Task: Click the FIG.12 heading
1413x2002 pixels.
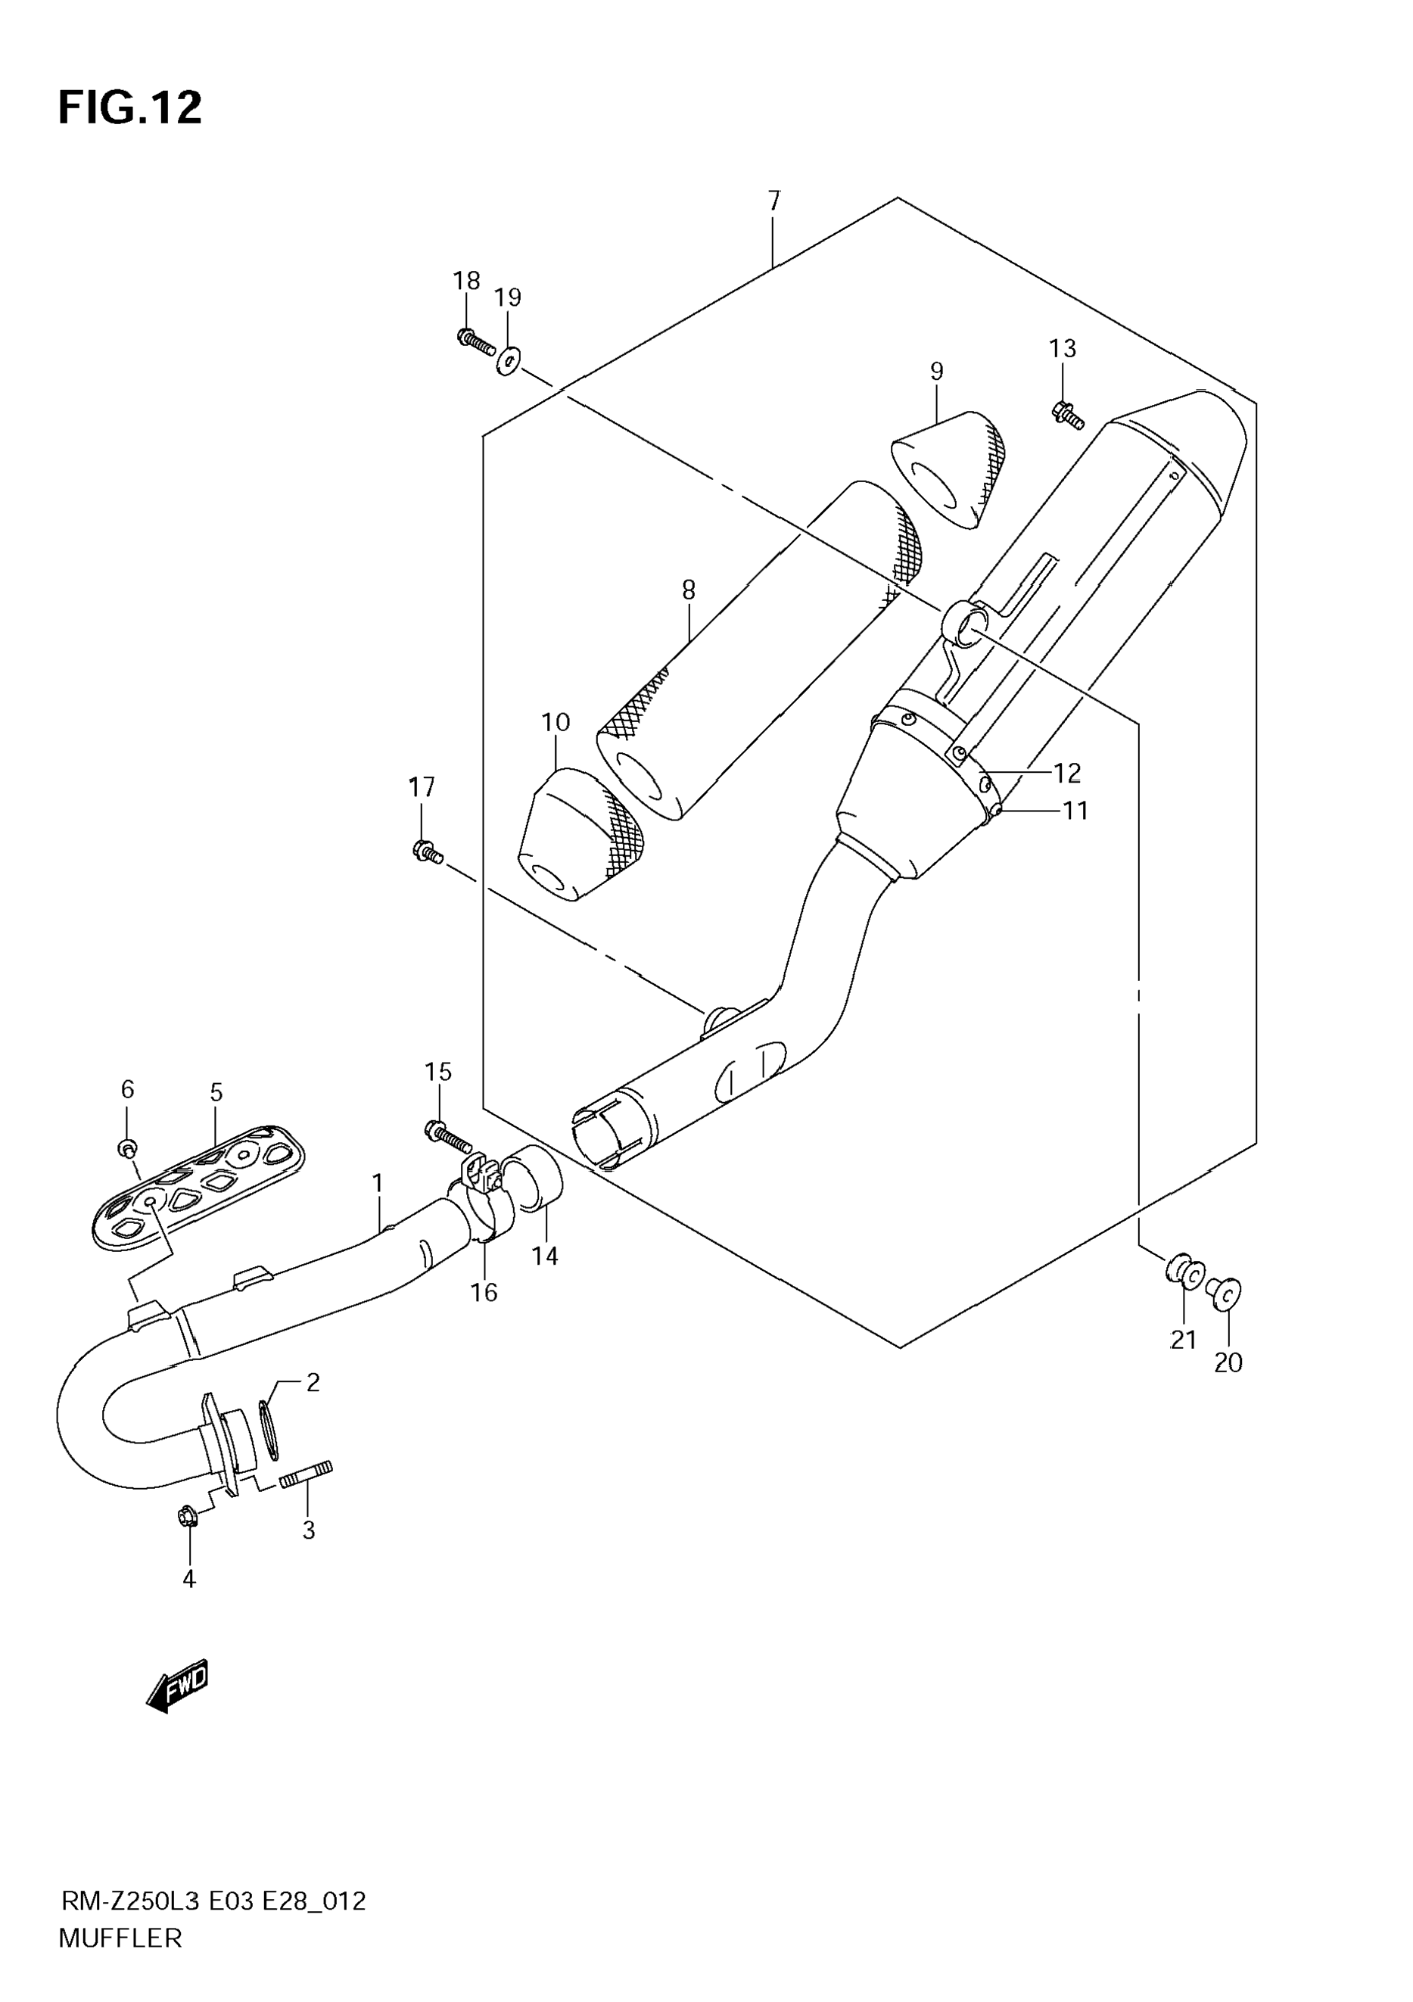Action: (130, 109)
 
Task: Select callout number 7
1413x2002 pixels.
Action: (774, 201)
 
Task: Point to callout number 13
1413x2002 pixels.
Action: (1063, 349)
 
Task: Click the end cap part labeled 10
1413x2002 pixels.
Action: (581, 833)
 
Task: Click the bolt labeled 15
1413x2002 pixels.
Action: (447, 1135)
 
